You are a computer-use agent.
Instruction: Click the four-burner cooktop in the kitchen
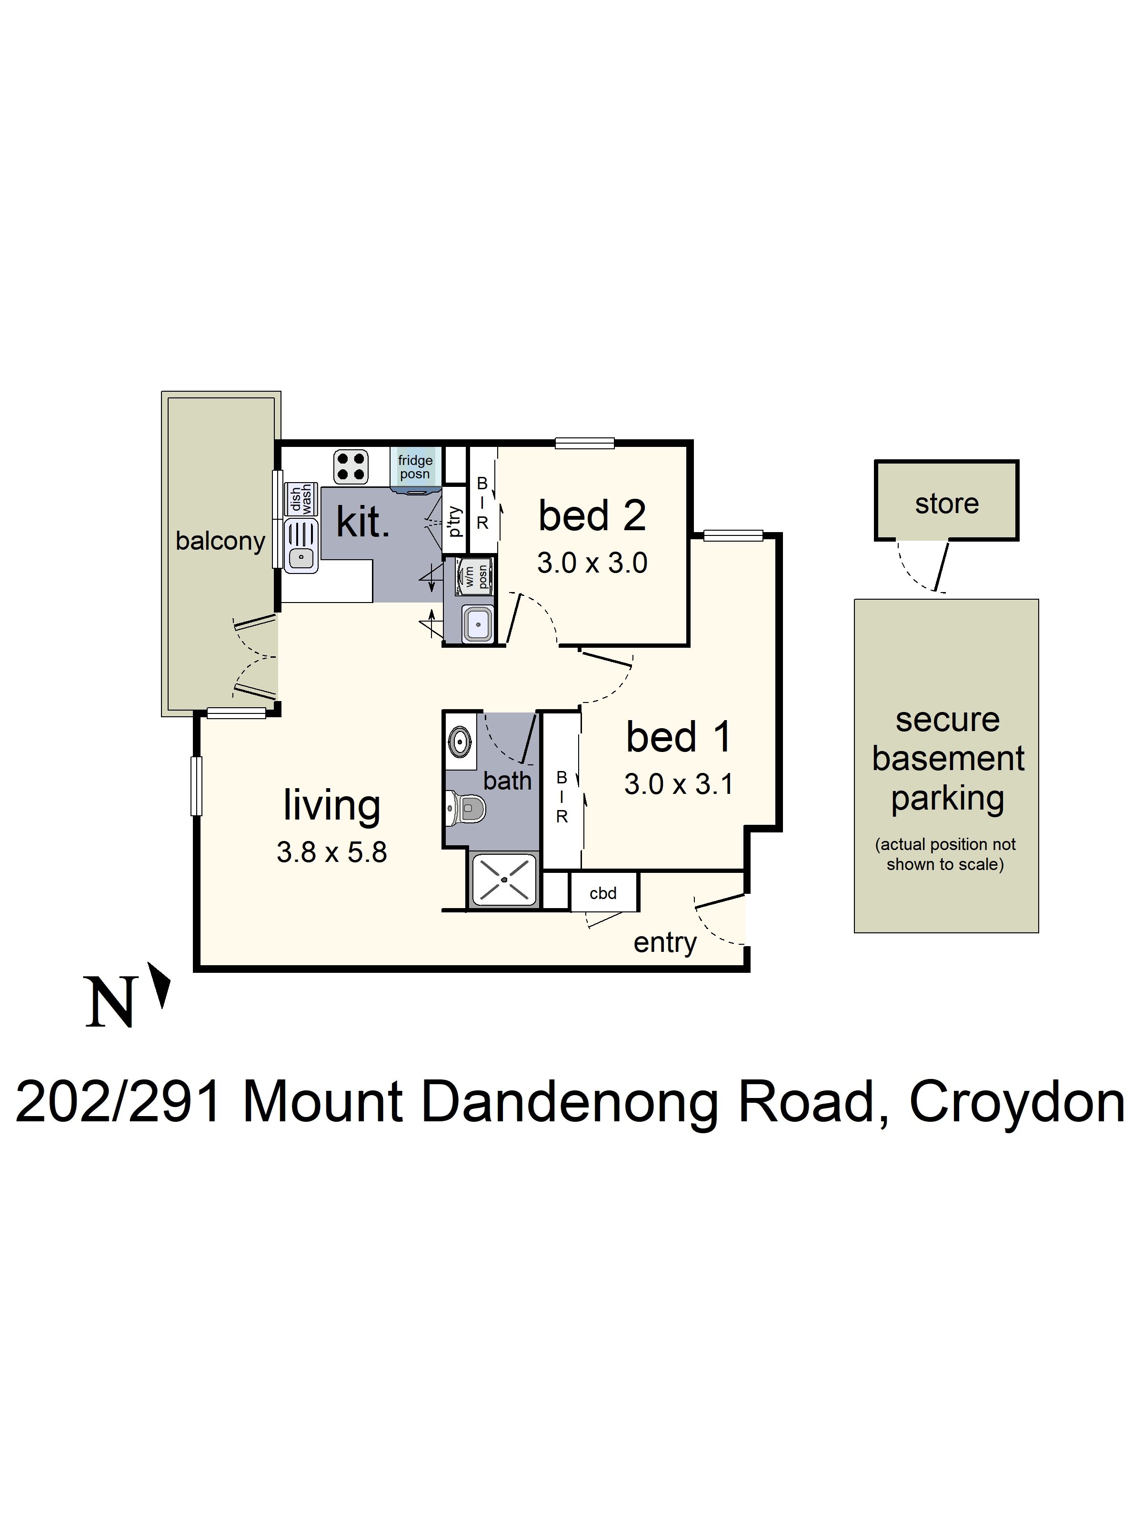(351, 467)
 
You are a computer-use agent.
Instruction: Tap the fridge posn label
(415, 467)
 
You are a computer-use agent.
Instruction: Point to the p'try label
(454, 521)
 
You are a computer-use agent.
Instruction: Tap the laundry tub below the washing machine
(477, 624)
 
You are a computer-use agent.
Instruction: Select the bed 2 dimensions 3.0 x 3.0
(592, 563)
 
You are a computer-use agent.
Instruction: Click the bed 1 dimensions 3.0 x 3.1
(678, 784)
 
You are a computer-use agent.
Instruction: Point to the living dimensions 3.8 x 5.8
(331, 852)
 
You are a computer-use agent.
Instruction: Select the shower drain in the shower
(504, 880)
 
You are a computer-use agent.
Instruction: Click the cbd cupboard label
(603, 893)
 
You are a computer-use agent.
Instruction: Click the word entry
(665, 942)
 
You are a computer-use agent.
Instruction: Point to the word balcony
(221, 541)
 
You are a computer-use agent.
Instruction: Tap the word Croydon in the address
(1017, 1102)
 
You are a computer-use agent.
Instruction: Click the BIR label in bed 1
(561, 797)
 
